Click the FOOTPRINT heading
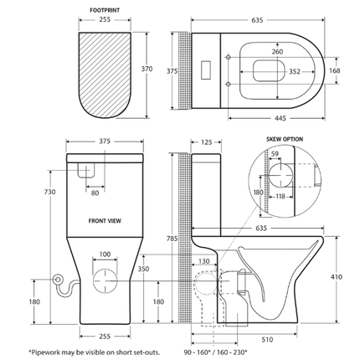point(104,11)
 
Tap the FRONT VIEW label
point(105,223)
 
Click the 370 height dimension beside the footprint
point(147,69)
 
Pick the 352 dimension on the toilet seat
point(294,71)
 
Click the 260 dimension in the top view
point(277,51)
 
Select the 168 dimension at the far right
point(334,70)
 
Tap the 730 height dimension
point(49,192)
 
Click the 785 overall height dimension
point(172,239)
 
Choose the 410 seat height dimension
point(337,276)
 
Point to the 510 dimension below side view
point(265,340)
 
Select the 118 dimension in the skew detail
point(280,197)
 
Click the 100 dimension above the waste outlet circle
point(105,254)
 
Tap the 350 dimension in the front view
point(143,270)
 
